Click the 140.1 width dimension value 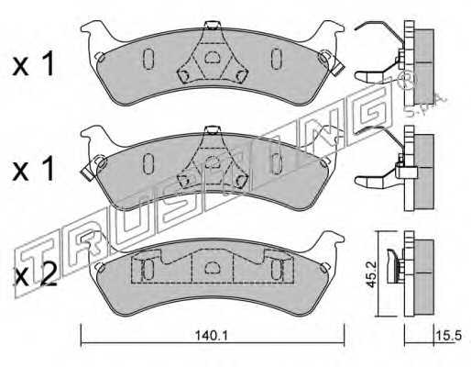coord(212,336)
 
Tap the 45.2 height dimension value coord(371,274)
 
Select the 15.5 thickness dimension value coord(448,336)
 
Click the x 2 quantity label coord(36,273)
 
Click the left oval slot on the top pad coord(148,59)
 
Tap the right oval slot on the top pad coord(277,59)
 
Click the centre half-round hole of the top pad coord(212,57)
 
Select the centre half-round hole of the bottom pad coord(211,268)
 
